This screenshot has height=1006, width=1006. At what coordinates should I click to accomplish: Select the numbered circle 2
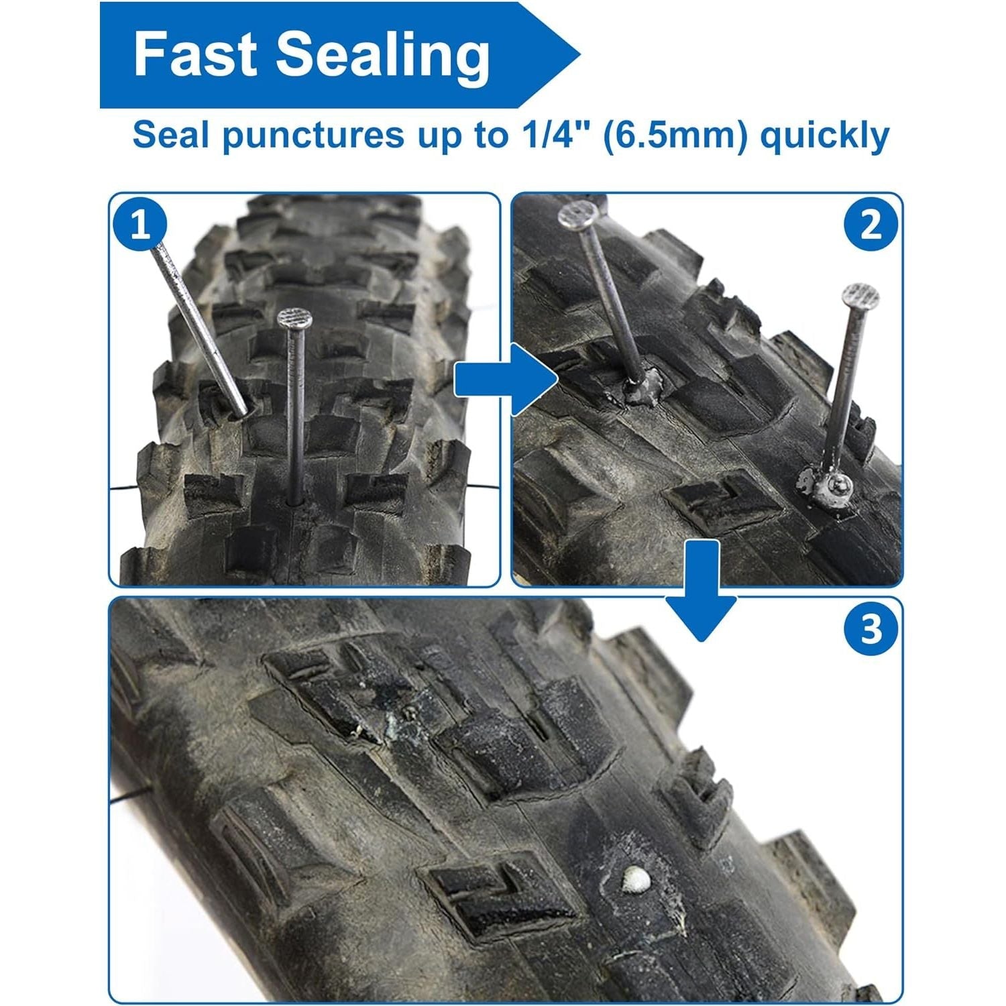click(871, 225)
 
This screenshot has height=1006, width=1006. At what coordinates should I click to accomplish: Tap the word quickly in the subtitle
click(825, 137)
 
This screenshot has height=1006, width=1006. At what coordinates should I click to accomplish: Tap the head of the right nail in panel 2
click(860, 296)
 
